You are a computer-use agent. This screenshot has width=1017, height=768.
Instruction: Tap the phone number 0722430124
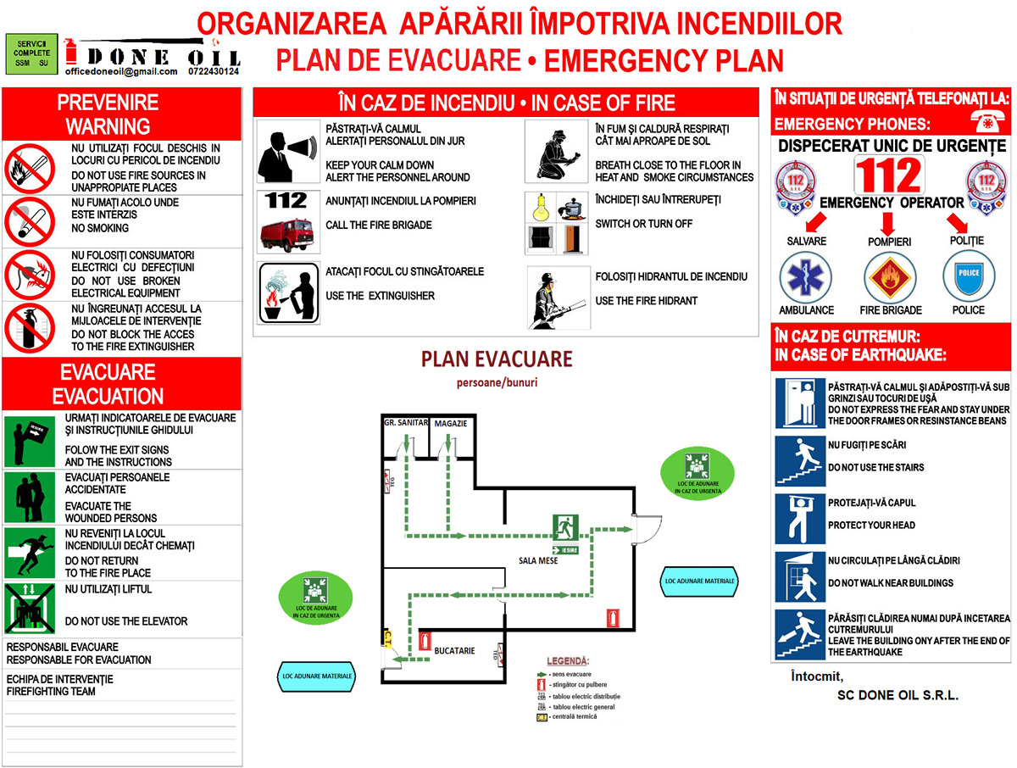[214, 72]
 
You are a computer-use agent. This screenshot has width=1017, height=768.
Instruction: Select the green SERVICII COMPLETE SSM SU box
[31, 52]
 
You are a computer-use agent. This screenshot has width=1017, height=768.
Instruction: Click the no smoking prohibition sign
[29, 221]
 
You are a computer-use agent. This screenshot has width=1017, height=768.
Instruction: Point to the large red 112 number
[887, 176]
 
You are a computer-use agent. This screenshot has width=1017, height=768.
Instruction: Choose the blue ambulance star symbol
[806, 277]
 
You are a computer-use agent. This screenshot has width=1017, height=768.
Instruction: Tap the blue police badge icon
[968, 277]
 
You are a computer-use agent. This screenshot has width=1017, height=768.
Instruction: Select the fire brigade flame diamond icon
[890, 277]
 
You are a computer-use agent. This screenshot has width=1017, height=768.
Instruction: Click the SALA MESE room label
[538, 561]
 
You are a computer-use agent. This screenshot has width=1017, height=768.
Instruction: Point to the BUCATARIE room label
[454, 651]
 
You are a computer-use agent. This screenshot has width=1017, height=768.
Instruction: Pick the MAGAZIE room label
[451, 423]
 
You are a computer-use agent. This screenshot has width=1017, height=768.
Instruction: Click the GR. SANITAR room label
[406, 422]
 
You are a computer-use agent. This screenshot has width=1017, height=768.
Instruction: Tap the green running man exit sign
[565, 527]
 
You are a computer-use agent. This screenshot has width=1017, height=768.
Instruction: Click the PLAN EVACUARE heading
[497, 359]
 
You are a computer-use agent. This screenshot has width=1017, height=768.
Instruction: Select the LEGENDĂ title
[567, 660]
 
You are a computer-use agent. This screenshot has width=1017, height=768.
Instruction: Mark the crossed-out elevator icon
[29, 608]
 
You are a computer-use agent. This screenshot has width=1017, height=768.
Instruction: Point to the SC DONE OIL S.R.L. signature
[897, 695]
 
